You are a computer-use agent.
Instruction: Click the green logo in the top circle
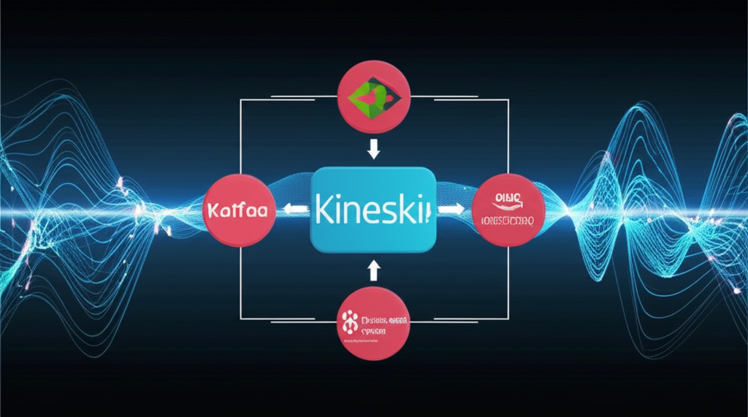[372, 95]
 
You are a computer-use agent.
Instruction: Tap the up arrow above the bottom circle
[374, 271]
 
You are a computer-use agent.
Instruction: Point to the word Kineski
[373, 210]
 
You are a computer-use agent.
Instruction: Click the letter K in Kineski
[326, 210]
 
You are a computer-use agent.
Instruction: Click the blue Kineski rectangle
[373, 210]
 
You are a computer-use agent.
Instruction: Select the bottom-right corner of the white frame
[508, 319]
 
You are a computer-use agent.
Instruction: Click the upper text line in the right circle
[507, 196]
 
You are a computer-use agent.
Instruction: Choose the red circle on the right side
[507, 209]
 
